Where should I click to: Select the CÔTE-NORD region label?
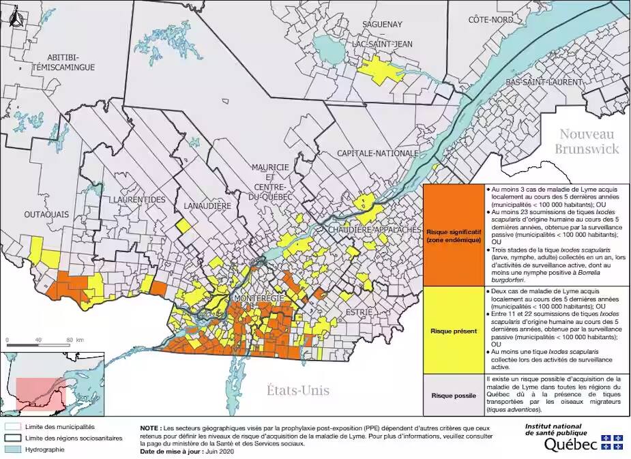click(490, 20)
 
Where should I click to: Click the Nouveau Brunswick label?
click(586, 141)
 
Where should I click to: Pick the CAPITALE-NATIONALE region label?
click(377, 153)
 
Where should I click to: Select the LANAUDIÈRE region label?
click(207, 205)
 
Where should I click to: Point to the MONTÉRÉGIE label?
click(260, 299)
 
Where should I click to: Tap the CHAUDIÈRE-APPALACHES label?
click(375, 230)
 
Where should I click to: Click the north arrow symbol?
click(16, 20)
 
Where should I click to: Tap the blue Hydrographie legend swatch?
click(12, 451)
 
